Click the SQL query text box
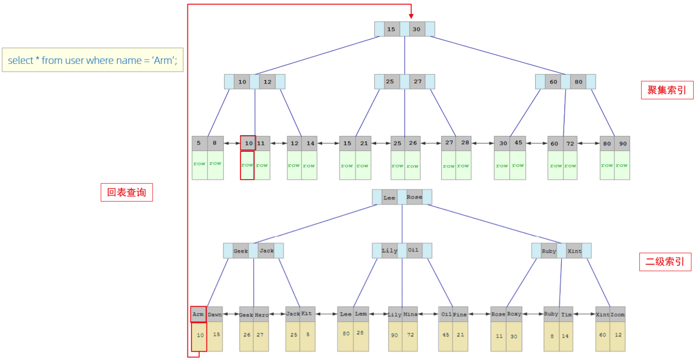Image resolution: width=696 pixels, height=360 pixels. click(x=93, y=60)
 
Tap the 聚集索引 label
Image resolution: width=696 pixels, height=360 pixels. click(x=667, y=90)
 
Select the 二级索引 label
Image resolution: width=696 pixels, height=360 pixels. click(x=665, y=262)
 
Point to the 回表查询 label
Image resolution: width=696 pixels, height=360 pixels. click(x=127, y=192)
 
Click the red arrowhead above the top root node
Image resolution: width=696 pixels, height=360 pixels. click(x=411, y=16)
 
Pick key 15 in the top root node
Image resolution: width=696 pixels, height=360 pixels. click(x=391, y=29)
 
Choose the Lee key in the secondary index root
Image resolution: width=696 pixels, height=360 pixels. click(x=389, y=197)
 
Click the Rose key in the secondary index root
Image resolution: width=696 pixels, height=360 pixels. click(x=414, y=197)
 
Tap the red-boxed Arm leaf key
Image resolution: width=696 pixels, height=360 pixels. click(x=198, y=314)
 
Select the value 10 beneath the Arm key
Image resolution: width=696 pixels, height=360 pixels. click(x=200, y=335)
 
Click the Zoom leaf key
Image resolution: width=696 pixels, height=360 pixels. click(x=617, y=314)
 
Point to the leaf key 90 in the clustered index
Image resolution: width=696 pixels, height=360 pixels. click(x=623, y=143)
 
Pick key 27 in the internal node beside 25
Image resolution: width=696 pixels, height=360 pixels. click(x=417, y=82)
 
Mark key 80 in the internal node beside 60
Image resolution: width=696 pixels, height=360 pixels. click(x=578, y=82)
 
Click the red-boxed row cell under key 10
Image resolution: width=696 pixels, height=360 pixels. click(x=247, y=165)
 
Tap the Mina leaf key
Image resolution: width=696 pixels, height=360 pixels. click(x=410, y=314)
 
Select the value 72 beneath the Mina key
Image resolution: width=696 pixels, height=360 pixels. click(x=410, y=335)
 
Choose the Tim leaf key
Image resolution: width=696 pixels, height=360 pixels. click(x=566, y=314)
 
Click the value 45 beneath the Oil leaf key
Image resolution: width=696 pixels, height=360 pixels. click(x=446, y=335)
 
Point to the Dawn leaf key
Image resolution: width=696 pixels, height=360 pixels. click(x=215, y=314)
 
